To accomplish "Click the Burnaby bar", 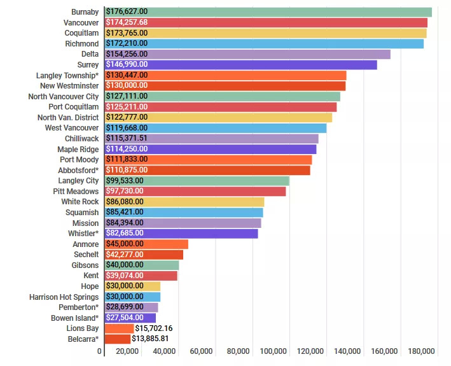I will (268, 12).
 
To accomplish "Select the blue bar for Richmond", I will (264, 44).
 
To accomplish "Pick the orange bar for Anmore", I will (146, 244).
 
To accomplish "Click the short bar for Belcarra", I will (118, 339).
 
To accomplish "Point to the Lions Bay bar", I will (120, 328).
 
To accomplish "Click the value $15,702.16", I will (155, 328).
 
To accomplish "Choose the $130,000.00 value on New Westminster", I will (127, 86).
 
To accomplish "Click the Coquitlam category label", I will (81, 33).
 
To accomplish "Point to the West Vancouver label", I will (72, 128).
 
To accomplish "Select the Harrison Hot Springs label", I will (64, 297).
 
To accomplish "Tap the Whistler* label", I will (83, 234).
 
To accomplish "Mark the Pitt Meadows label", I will (76, 192).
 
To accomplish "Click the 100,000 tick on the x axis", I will (274, 351).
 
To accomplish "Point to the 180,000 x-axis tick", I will (422, 351).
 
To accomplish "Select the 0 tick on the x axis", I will (100, 351).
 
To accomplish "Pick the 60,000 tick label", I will (201, 351).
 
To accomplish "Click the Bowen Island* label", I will (75, 318).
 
